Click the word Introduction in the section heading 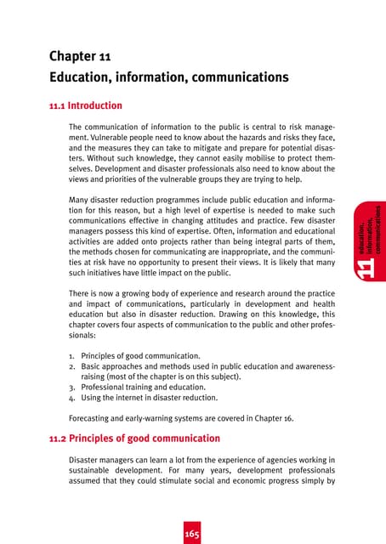click(95, 107)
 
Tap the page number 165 click(194, 534)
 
